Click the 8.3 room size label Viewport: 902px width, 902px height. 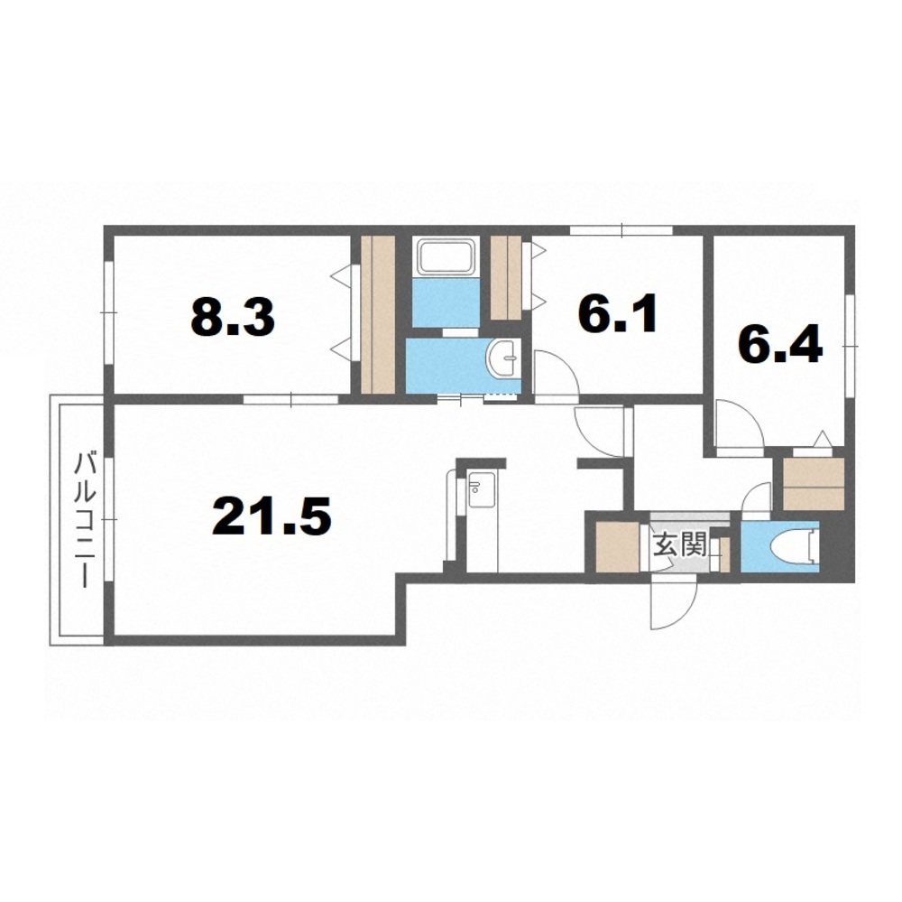point(233,318)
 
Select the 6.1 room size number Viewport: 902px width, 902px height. point(617,314)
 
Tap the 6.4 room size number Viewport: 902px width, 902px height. point(779,346)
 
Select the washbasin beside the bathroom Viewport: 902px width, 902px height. point(502,358)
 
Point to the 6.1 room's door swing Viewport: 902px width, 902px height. point(556,373)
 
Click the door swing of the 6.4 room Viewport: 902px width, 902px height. point(740,423)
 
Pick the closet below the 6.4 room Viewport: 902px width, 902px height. point(813,484)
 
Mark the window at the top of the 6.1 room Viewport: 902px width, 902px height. point(621,230)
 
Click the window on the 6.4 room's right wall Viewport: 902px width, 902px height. point(850,346)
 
